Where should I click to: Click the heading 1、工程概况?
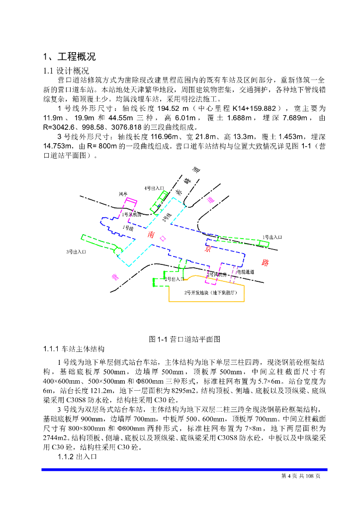(x=69, y=56)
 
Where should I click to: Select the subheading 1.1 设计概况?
(x=66, y=71)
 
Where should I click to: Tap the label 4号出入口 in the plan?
(x=154, y=188)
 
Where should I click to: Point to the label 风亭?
(x=123, y=194)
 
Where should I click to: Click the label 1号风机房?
(x=132, y=215)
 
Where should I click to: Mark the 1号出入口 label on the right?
(x=272, y=238)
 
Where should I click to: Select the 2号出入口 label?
(x=175, y=279)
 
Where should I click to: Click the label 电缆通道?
(x=245, y=272)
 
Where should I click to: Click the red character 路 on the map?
(x=265, y=261)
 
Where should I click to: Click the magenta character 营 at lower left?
(x=115, y=277)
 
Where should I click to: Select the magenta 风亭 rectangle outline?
(x=131, y=205)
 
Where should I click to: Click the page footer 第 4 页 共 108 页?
(x=301, y=476)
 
